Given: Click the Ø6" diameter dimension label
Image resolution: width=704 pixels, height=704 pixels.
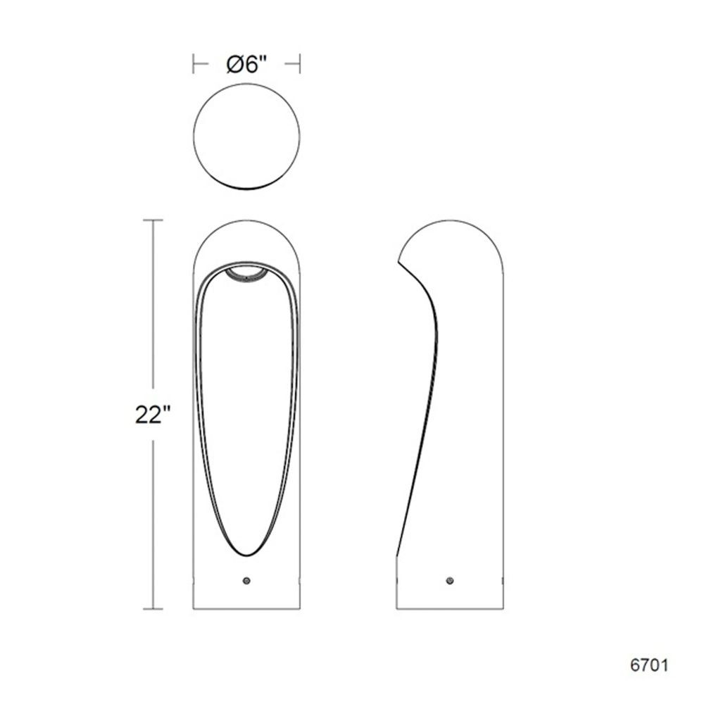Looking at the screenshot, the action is click(x=246, y=65).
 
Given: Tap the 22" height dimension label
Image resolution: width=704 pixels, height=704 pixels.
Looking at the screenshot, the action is click(x=153, y=415).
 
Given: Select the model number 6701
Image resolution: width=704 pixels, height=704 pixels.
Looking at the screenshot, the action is click(x=649, y=665).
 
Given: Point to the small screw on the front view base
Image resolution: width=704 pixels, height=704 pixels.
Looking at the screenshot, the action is click(x=246, y=581).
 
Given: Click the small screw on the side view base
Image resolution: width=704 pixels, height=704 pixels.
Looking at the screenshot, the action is click(x=450, y=581).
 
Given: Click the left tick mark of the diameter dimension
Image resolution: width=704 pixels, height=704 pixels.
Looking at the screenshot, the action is click(x=194, y=64).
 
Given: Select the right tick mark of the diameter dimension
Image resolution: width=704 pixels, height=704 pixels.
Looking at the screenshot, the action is click(x=299, y=64).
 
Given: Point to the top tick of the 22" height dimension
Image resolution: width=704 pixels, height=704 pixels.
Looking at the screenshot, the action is click(x=153, y=220).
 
